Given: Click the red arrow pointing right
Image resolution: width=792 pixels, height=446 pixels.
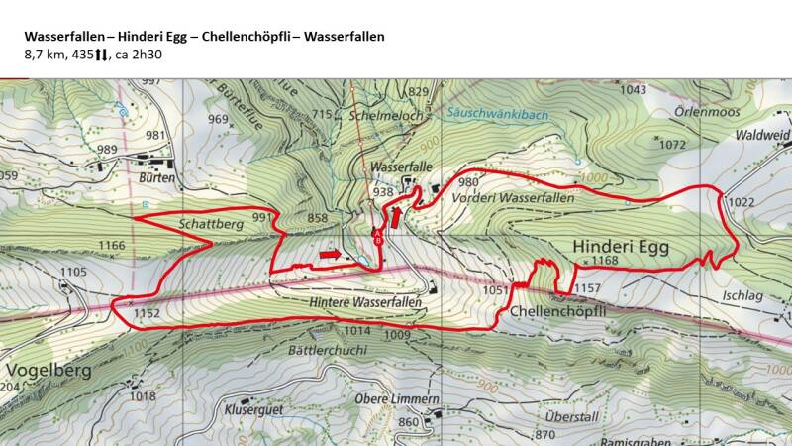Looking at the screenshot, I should (x=331, y=255).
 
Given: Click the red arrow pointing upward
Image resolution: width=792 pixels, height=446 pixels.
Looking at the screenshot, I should (x=397, y=215).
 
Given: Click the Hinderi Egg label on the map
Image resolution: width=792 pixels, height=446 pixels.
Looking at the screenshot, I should (x=621, y=246).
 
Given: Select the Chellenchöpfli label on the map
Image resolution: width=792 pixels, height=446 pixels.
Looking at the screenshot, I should (x=557, y=310).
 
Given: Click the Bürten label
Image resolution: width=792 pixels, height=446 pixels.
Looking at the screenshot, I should (x=157, y=178).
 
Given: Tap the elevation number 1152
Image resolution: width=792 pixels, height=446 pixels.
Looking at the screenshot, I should (x=147, y=313).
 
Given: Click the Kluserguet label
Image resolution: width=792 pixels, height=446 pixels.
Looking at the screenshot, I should (x=255, y=408).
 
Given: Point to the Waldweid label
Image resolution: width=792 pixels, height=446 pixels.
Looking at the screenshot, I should (x=763, y=134).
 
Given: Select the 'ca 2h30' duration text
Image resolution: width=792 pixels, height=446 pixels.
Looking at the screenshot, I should (x=136, y=55).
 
